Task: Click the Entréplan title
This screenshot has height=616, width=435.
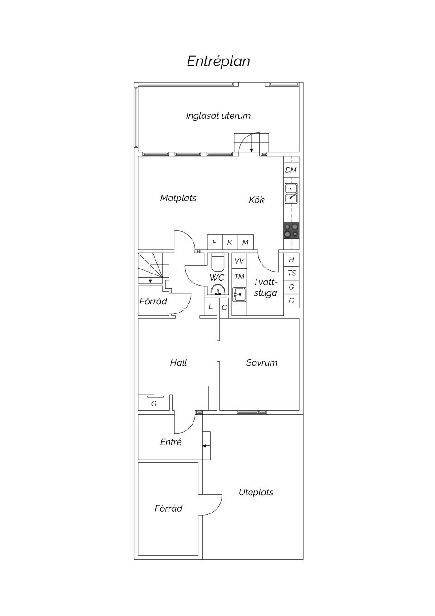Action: [218, 61]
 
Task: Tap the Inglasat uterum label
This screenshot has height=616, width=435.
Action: [218, 116]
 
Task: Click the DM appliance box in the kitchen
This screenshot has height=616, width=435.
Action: [291, 170]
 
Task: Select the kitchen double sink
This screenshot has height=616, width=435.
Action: [291, 193]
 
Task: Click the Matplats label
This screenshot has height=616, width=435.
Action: [178, 198]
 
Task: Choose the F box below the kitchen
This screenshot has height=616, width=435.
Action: [214, 242]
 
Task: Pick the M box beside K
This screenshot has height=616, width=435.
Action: [245, 242]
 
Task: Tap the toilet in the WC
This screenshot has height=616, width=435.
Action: [217, 263]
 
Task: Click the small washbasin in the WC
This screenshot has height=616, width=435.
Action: [217, 290]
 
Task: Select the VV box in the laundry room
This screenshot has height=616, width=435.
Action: [239, 261]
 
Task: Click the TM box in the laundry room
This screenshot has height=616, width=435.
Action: [239, 277]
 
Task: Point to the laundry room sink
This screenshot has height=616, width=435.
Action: [239, 294]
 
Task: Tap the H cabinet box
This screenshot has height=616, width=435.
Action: [291, 259]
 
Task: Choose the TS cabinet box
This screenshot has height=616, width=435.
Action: [291, 273]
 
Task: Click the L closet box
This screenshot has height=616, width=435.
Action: [210, 307]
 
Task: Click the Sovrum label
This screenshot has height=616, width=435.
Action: [262, 362]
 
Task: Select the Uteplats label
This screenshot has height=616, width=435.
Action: [256, 492]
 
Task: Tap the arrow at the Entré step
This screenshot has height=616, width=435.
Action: [205, 446]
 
